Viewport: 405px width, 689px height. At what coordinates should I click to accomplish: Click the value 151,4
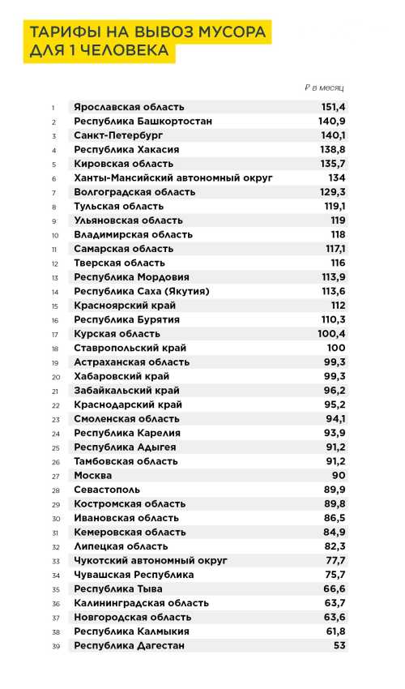(333, 107)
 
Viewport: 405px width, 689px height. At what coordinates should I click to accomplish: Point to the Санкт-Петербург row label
(119, 135)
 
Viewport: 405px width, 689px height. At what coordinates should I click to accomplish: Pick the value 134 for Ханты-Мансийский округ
(337, 178)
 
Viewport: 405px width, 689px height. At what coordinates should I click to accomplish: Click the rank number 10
(54, 235)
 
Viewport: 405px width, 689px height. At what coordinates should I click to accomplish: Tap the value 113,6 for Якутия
(333, 291)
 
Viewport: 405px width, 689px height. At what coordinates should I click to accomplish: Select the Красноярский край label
(125, 306)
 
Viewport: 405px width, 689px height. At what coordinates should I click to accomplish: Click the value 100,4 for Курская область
(332, 334)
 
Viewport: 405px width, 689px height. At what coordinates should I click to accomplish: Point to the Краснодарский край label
(128, 404)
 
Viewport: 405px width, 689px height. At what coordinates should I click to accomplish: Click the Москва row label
(93, 475)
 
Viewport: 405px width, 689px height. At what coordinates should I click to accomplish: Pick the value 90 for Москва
(339, 475)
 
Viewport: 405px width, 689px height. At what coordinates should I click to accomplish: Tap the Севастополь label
(107, 490)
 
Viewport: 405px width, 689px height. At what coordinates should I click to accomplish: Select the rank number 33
(55, 561)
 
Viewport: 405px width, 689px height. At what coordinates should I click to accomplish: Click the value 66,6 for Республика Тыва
(335, 588)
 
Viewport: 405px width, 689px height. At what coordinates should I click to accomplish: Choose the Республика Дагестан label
(129, 645)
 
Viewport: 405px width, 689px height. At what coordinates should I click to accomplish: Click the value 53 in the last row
(339, 645)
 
